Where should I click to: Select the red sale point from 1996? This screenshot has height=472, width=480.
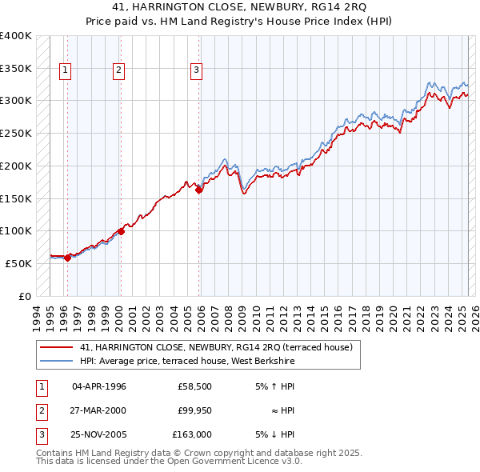pyautogui.click(x=67, y=258)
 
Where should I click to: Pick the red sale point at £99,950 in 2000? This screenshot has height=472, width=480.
pyautogui.click(x=121, y=231)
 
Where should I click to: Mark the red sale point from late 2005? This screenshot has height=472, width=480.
pyautogui.click(x=198, y=190)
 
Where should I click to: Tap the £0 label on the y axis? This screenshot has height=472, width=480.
pyautogui.click(x=23, y=296)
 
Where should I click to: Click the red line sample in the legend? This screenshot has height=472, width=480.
pyautogui.click(x=56, y=348)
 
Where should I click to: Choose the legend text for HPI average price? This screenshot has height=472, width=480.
pyautogui.click(x=187, y=362)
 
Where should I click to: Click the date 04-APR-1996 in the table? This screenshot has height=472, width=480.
pyautogui.click(x=99, y=386)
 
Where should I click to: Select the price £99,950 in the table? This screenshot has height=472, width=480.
pyautogui.click(x=193, y=410)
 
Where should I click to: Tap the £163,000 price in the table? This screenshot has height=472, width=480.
pyautogui.click(x=192, y=434)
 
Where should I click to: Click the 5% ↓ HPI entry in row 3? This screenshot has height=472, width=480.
pyautogui.click(x=275, y=434)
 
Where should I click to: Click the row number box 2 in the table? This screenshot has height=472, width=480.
pyautogui.click(x=39, y=410)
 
